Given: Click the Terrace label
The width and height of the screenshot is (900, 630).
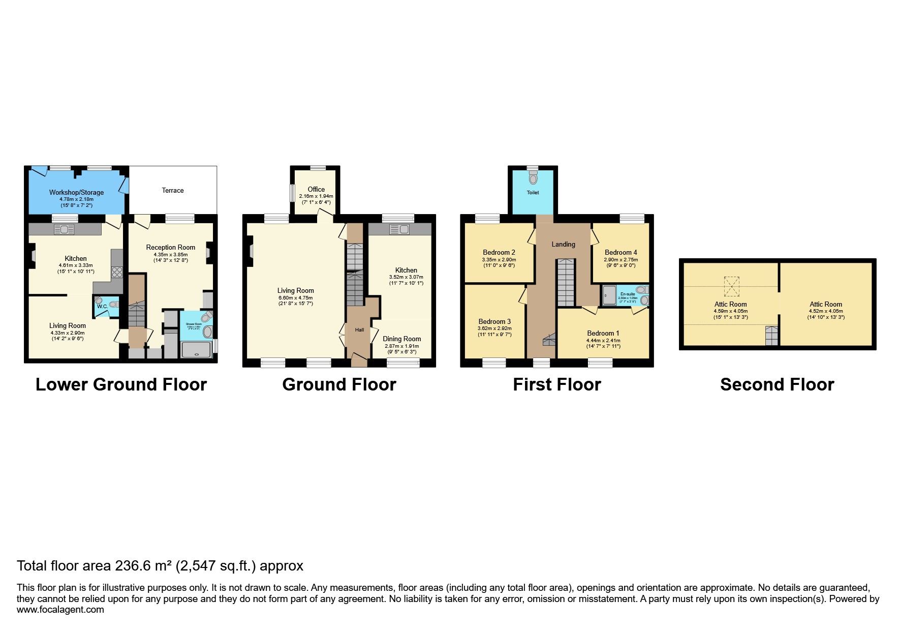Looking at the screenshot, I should (173, 190).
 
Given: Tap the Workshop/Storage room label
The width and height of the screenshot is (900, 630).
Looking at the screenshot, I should (76, 192).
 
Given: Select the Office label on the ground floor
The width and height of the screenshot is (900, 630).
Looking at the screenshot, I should (316, 189).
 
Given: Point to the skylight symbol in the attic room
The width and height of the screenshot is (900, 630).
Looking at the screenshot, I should (732, 286).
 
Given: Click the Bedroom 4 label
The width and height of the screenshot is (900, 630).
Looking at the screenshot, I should (620, 252).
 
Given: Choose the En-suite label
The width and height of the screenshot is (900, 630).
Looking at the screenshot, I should (627, 294).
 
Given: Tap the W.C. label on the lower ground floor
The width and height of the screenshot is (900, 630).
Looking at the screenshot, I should (102, 307).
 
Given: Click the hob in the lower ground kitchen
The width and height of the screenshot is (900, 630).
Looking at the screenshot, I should (117, 272).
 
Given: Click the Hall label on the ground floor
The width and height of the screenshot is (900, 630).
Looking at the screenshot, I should (359, 330).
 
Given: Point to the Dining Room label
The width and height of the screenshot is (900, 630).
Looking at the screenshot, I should (401, 339).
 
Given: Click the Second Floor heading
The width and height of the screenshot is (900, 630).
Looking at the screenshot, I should (777, 384).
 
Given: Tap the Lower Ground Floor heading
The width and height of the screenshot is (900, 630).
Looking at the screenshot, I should (121, 384).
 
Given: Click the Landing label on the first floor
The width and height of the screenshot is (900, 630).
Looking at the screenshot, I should (563, 244).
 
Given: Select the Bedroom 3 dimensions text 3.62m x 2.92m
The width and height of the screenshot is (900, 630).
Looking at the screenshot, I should (494, 328).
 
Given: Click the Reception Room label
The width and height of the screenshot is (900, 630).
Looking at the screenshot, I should (170, 248).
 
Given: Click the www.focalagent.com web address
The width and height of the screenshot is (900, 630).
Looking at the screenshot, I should (60, 610).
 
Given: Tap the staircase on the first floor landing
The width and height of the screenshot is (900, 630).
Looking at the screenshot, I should (566, 282).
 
